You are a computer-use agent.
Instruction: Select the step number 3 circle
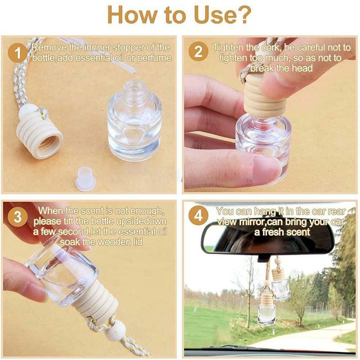pos(18,216)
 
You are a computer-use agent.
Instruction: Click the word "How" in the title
pos(128,16)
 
